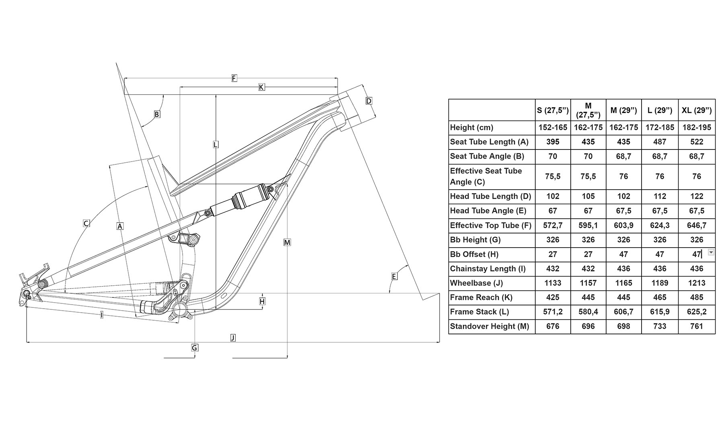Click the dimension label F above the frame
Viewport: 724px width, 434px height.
pos(234,78)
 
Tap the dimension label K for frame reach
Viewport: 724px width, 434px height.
pos(261,87)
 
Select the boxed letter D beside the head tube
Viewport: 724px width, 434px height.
pos(369,101)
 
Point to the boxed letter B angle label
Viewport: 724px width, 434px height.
pos(157,114)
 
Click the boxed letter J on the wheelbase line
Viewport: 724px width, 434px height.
pos(233,338)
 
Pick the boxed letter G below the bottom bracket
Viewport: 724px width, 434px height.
pos(195,348)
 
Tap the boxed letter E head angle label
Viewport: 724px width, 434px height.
pos(394,276)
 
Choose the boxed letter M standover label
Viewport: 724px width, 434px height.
pos(287,242)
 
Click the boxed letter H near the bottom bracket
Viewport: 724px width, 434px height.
pos(262,301)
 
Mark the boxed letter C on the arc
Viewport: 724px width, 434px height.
pos(86,223)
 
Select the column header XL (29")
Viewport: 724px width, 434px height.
pos(697,110)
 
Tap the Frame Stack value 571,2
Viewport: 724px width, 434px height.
pos(553,312)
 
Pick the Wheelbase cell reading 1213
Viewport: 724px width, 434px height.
pos(697,283)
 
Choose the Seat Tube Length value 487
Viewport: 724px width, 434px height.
pos(660,142)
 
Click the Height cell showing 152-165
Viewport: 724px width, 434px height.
pos(553,127)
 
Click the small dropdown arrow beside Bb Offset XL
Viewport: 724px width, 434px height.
pos(711,252)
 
